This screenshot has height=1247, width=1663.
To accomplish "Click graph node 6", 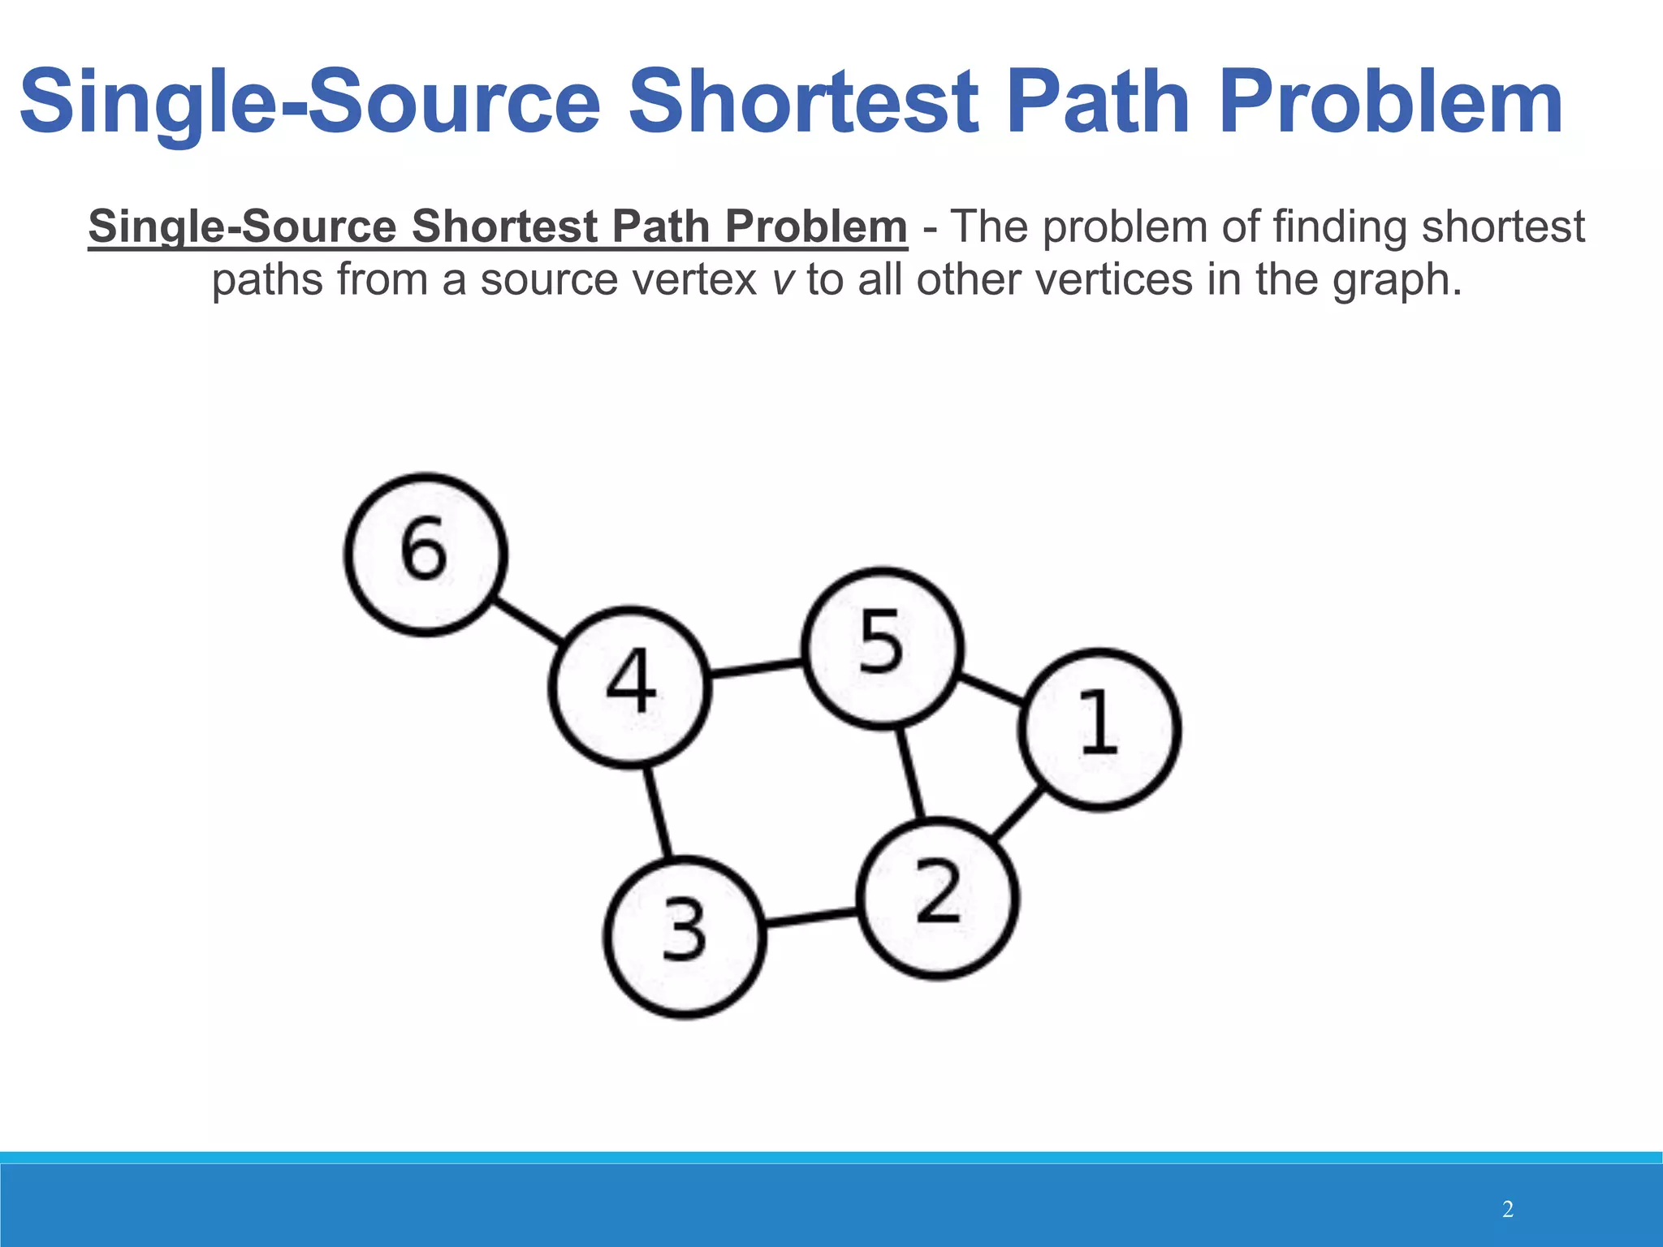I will pos(425,554).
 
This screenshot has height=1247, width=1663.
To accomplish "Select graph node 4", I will pos(630,686).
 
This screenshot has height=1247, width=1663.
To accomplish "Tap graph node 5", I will pos(883,647).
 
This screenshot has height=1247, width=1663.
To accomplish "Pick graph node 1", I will pos(1099,728).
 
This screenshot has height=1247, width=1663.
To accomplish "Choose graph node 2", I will pos(939,898).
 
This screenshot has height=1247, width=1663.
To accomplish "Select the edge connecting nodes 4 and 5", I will pos(756,668).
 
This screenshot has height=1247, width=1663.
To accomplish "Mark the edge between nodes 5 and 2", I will pos(910,774).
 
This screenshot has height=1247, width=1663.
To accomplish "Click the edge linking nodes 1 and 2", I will pos(1018,814).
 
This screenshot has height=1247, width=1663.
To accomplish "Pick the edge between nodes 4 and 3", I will pos(657,811).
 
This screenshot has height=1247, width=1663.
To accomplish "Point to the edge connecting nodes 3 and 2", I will pos(811,918).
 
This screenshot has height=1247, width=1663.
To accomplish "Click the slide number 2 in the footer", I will pos(1508,1210).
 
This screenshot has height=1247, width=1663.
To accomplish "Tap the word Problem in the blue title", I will pos(1390,102).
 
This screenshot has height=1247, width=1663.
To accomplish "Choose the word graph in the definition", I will pos(1396,280).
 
